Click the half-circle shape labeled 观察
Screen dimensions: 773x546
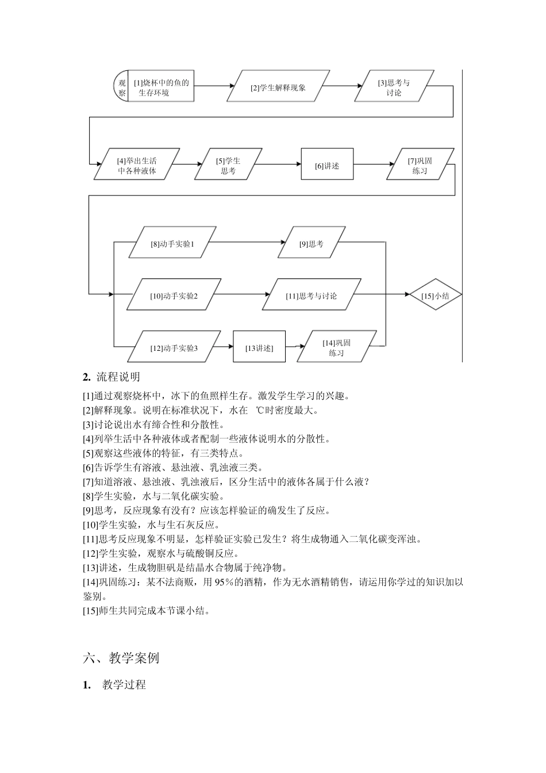122,87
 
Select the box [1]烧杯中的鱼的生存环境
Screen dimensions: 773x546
161,87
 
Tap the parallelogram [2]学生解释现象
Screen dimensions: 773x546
278,87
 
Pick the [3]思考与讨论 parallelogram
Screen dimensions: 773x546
394,87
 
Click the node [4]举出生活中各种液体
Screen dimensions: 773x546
137,166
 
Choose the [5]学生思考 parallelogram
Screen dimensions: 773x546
228,166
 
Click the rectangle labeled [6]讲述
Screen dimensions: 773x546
327,166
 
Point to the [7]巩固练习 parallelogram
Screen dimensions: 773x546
420,166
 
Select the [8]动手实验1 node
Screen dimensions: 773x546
172,243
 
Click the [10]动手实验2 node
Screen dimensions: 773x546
174,296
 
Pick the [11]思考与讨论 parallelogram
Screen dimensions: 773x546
312,296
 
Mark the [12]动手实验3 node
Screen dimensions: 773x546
174,347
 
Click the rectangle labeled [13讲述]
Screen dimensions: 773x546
259,347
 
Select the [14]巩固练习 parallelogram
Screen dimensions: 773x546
336,347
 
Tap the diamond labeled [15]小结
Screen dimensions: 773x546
435,296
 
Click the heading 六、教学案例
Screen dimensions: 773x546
121,658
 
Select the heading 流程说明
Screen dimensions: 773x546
118,377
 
